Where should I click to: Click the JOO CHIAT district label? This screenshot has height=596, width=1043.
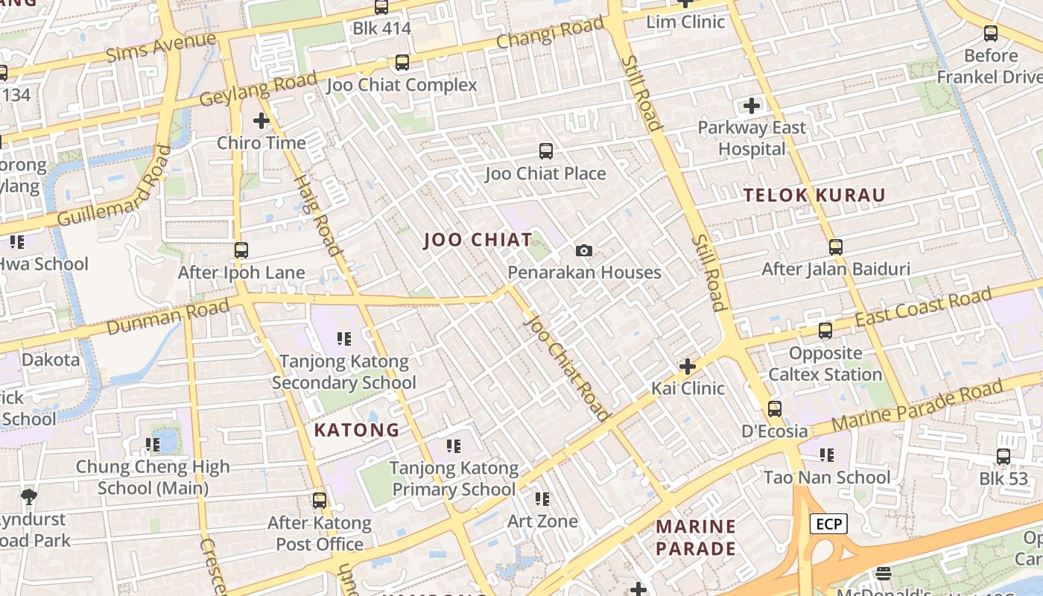click(x=478, y=240)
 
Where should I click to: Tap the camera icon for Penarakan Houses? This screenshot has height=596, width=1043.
click(x=584, y=251)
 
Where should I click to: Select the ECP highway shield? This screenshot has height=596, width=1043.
click(x=828, y=524)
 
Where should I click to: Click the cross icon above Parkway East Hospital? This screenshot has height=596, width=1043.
click(x=752, y=106)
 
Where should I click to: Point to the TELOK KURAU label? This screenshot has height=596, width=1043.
click(x=815, y=196)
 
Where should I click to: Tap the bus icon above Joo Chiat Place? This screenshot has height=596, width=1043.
click(x=546, y=151)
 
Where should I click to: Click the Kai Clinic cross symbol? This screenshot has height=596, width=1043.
click(x=688, y=367)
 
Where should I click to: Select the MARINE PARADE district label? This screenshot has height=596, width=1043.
click(x=696, y=538)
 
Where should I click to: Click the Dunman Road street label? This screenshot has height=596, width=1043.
click(x=168, y=317)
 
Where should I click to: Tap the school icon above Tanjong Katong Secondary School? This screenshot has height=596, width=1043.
click(x=343, y=340)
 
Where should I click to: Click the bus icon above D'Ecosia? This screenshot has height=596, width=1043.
click(x=775, y=409)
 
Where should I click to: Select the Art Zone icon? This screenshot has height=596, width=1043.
click(x=542, y=498)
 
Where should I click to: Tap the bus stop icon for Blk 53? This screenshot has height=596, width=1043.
click(x=1004, y=457)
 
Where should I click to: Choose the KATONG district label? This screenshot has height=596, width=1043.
click(x=357, y=430)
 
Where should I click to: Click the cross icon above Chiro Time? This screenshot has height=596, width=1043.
click(x=261, y=120)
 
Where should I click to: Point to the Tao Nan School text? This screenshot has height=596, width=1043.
click(x=827, y=477)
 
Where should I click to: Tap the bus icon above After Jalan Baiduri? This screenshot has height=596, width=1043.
click(x=836, y=247)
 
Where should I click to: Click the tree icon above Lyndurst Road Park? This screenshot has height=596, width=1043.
click(x=29, y=496)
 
